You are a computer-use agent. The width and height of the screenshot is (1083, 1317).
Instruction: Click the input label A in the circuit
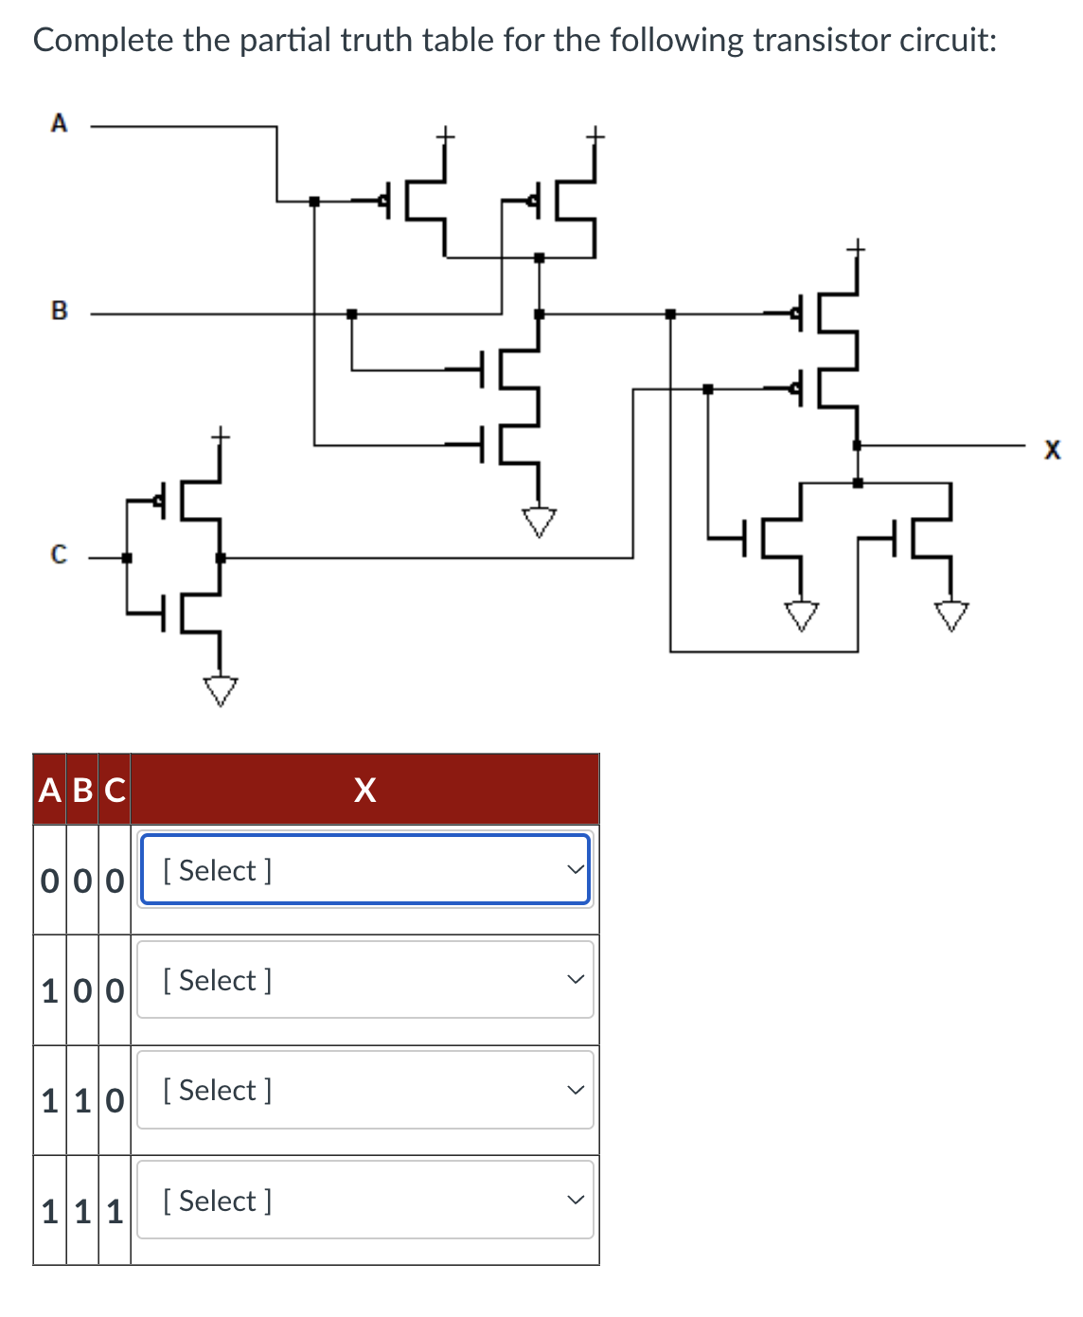(59, 123)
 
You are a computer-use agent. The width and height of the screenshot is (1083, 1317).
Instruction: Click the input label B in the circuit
(59, 311)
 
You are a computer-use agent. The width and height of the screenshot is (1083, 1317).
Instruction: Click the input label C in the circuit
(59, 555)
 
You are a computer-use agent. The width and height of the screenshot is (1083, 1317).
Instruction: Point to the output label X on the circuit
(1052, 450)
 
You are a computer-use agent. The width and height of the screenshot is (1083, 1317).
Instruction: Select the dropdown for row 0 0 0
(365, 870)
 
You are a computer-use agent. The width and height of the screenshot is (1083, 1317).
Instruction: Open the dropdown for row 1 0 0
(365, 980)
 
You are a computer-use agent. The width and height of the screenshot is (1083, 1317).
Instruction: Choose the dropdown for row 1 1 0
(365, 1090)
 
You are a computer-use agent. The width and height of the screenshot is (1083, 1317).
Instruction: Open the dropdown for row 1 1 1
(365, 1201)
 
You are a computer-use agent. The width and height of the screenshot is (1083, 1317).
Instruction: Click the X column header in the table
(364, 790)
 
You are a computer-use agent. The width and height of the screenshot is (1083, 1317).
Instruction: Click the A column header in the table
(50, 790)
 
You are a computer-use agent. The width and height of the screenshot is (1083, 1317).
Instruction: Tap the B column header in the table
(82, 790)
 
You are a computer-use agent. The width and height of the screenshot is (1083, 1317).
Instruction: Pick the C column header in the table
(115, 790)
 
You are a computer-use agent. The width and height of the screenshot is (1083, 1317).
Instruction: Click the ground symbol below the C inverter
(221, 690)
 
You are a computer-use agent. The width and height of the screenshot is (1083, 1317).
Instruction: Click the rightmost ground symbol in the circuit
(952, 615)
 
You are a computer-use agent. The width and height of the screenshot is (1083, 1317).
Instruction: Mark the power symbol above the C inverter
(220, 436)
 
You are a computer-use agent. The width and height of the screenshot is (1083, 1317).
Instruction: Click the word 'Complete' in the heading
(103, 41)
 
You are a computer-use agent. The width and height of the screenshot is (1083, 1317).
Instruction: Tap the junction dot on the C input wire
(127, 558)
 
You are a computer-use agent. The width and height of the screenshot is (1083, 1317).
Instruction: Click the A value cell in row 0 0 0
(50, 881)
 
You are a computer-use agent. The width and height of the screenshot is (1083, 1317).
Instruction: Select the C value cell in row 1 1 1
(115, 1211)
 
